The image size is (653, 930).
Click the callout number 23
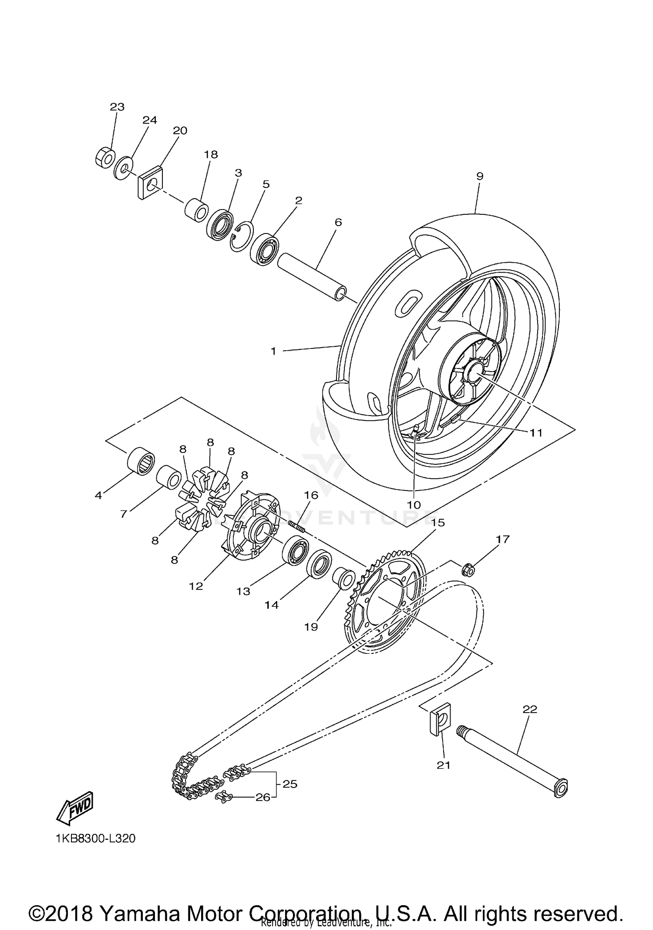click(x=117, y=107)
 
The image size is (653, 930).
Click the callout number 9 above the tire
click(x=479, y=176)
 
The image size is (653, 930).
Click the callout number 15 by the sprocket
click(x=438, y=522)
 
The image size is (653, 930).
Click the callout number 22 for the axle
click(x=530, y=709)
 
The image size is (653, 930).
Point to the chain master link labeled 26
click(x=225, y=796)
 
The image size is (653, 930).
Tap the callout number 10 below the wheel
click(x=414, y=504)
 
